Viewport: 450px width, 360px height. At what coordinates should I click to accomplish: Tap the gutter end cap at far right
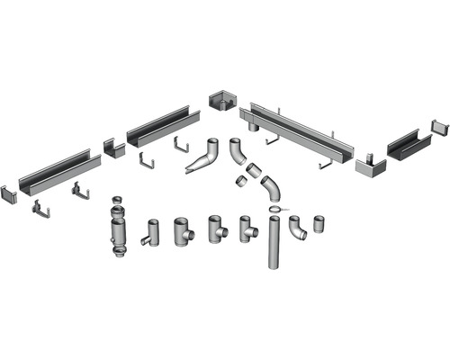[440, 127]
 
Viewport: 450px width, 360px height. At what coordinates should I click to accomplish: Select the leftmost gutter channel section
[54, 172]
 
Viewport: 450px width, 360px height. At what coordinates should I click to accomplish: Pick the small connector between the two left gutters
[112, 147]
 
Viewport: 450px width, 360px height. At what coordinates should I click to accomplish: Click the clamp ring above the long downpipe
[275, 211]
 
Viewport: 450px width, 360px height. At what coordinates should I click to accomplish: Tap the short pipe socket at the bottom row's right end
[319, 225]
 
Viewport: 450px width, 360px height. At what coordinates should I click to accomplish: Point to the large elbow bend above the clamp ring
[270, 190]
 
